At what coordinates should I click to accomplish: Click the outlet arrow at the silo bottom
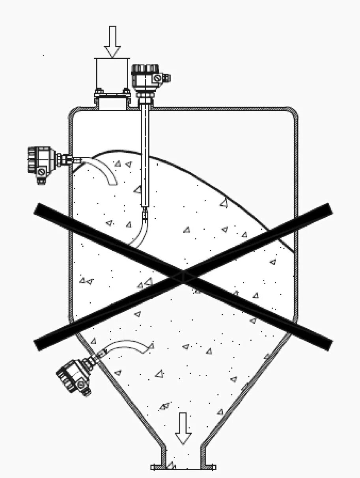tap(183, 428)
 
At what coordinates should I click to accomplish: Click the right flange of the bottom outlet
tap(209, 467)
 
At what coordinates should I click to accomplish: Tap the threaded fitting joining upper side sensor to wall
tap(65, 159)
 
